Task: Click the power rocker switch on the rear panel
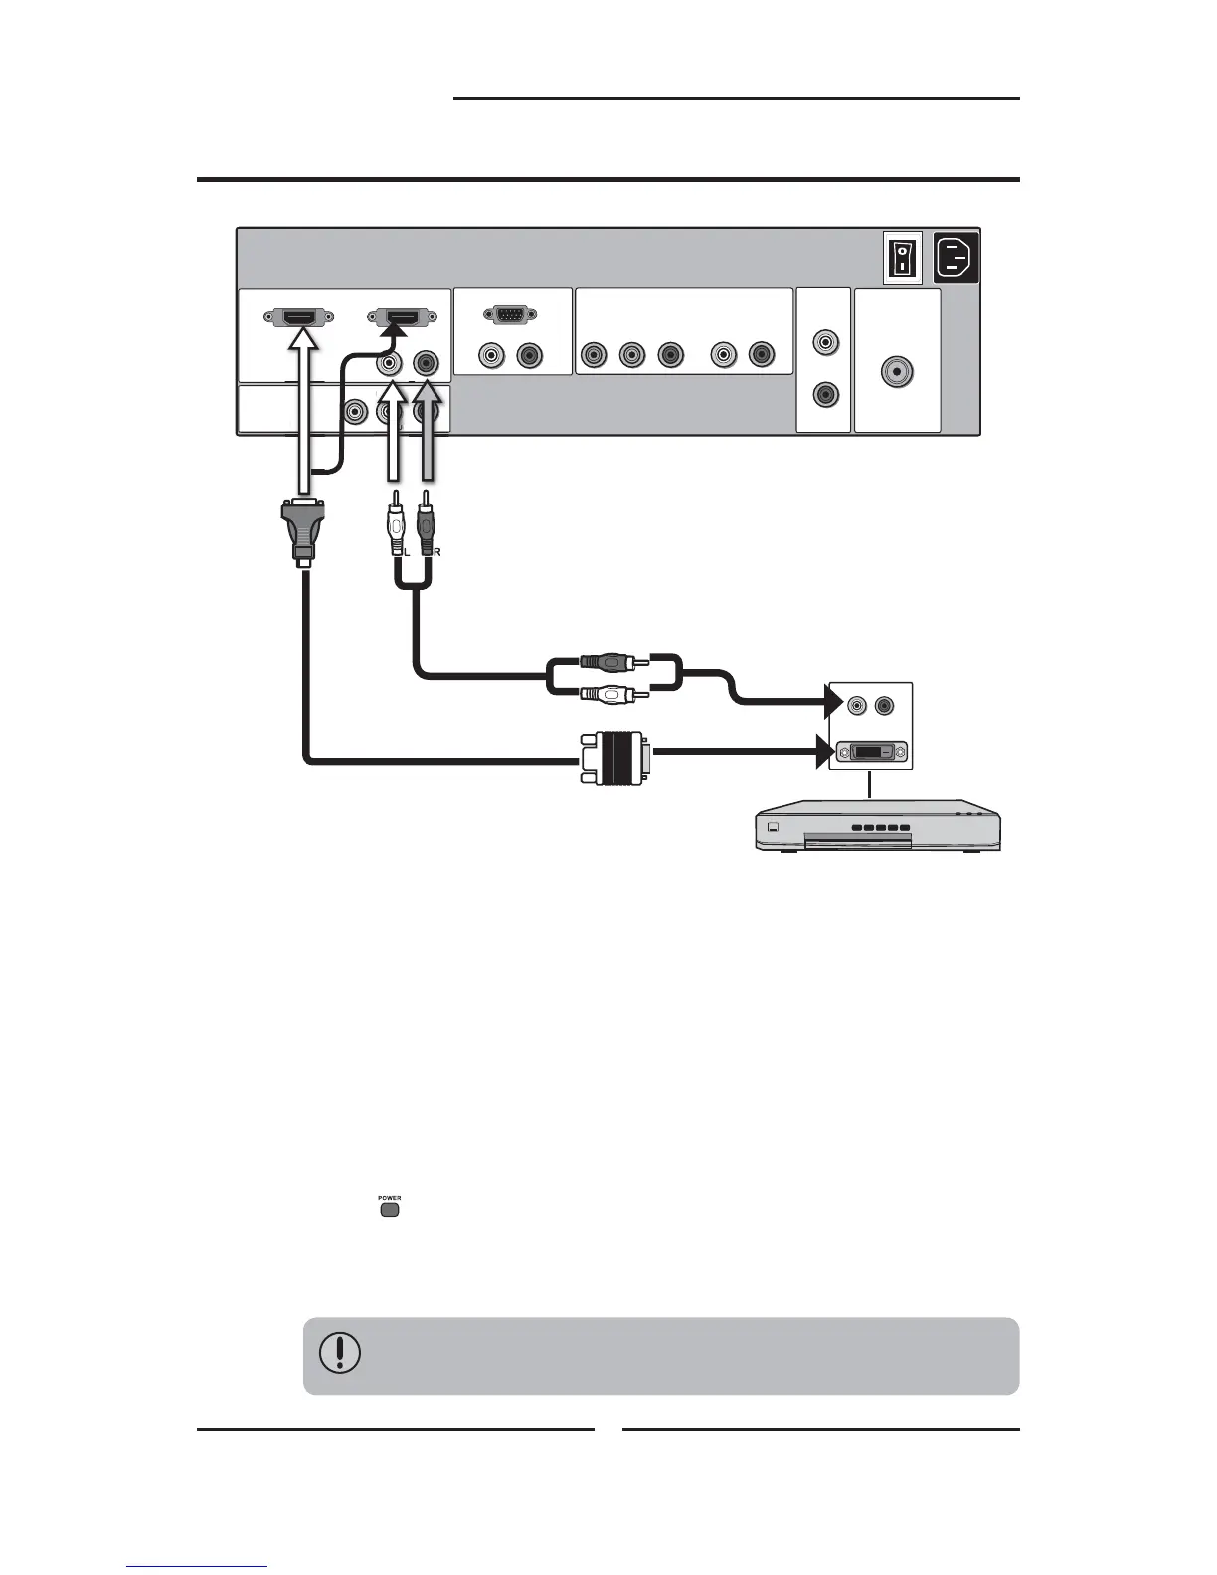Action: [x=902, y=257]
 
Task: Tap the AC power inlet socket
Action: [x=956, y=257]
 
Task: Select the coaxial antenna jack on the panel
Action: [x=897, y=372]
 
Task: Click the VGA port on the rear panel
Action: [x=510, y=315]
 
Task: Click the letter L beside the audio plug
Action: [x=406, y=551]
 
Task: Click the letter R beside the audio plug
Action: [x=437, y=551]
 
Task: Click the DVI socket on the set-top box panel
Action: [x=871, y=752]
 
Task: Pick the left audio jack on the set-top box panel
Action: [x=856, y=706]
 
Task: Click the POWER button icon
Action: [x=389, y=1210]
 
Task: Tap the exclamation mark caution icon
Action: [x=340, y=1353]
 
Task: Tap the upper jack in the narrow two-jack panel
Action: [x=824, y=343]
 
